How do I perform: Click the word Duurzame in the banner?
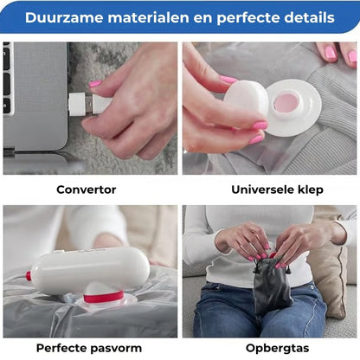[x=64, y=17]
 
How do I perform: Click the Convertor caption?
[x=87, y=190]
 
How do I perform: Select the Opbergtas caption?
[x=278, y=349]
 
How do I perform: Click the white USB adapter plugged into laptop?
[x=77, y=104]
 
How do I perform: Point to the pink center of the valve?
[x=286, y=103]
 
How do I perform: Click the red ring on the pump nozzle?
[x=104, y=297]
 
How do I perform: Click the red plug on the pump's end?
[x=29, y=276]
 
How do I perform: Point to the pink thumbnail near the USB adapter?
[x=95, y=84]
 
